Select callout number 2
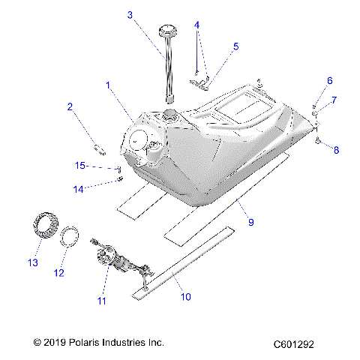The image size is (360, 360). click(70, 107)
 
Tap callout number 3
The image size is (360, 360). click(130, 15)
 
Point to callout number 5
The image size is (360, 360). click(235, 46)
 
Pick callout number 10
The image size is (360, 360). click(185, 296)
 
